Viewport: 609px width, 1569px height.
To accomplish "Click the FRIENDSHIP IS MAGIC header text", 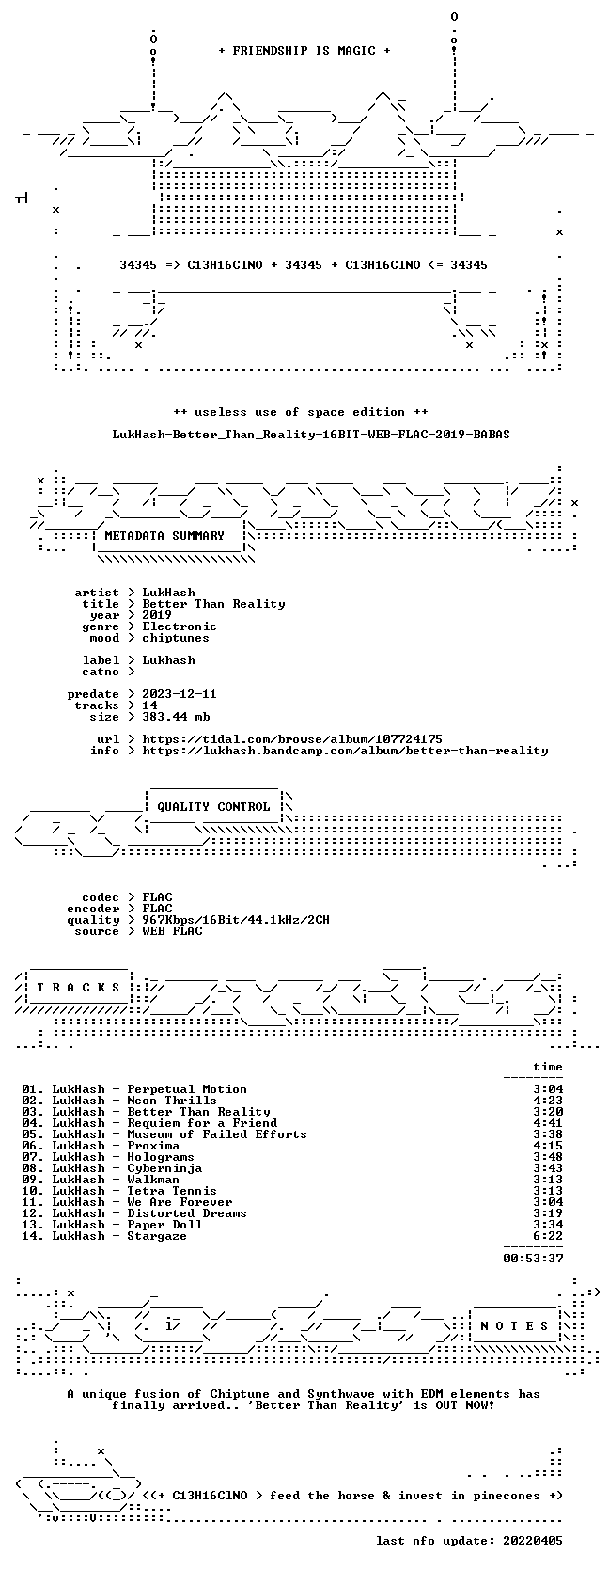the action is pyautogui.click(x=304, y=51).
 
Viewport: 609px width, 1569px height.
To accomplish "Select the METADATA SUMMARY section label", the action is pyautogui.click(x=164, y=536).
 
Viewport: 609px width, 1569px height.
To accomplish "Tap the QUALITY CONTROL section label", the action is pyautogui.click(x=213, y=807).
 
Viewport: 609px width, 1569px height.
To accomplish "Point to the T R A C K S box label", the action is pyautogui.click(x=78, y=988).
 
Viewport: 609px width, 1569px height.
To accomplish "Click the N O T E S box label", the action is pyautogui.click(x=514, y=1326).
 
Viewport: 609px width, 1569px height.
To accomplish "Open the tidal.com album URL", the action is pyautogui.click(x=292, y=739).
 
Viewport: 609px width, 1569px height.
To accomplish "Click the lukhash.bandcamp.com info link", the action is pyautogui.click(x=345, y=751).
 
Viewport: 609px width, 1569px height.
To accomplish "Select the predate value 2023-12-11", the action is pyautogui.click(x=180, y=694).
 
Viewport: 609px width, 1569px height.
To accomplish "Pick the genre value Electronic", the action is pyautogui.click(x=180, y=626).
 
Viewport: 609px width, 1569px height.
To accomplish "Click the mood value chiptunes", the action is pyautogui.click(x=176, y=638).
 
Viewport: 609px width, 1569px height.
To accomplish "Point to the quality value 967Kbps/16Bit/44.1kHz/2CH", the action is pyautogui.click(x=236, y=920).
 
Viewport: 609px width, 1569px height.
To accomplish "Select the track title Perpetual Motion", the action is pyautogui.click(x=187, y=1089).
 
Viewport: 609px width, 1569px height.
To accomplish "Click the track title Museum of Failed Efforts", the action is pyautogui.click(x=217, y=1134).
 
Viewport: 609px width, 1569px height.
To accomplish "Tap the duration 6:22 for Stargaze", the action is pyautogui.click(x=548, y=1236).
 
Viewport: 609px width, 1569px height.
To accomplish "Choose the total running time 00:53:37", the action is pyautogui.click(x=534, y=1258).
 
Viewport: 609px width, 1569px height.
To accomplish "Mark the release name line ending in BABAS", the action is pyautogui.click(x=311, y=435).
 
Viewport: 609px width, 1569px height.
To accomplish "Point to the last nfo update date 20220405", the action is pyautogui.click(x=534, y=1540).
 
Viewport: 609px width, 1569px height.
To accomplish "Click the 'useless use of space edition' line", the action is pyautogui.click(x=301, y=412).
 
